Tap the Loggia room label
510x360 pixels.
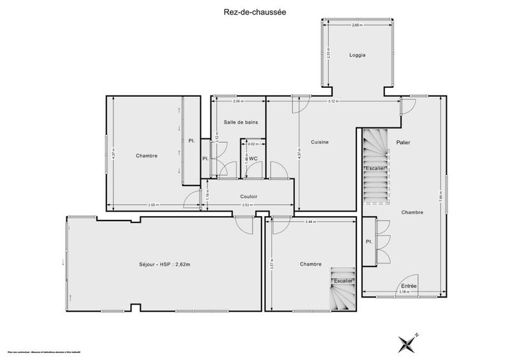tap(357, 55)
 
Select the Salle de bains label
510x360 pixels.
tap(240, 122)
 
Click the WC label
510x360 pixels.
tap(253, 159)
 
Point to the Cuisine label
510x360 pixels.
tap(319, 142)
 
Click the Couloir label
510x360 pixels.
tap(249, 197)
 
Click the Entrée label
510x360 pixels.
tap(409, 286)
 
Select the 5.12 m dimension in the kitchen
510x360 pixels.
tap(332, 101)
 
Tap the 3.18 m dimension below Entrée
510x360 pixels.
tap(404, 292)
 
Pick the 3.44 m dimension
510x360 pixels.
tap(310, 222)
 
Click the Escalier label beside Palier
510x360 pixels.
tap(375, 168)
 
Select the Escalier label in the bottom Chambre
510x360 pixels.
tap(342, 280)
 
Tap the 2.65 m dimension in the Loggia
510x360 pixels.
tap(357, 25)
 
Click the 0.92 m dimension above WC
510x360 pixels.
tap(252, 144)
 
